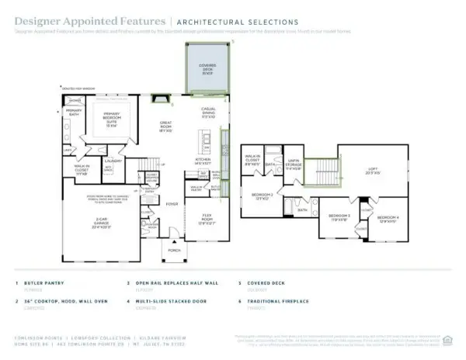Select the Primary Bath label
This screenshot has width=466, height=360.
(74, 112)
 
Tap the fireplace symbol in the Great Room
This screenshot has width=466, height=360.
(161, 99)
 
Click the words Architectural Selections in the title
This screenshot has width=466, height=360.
(238, 22)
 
